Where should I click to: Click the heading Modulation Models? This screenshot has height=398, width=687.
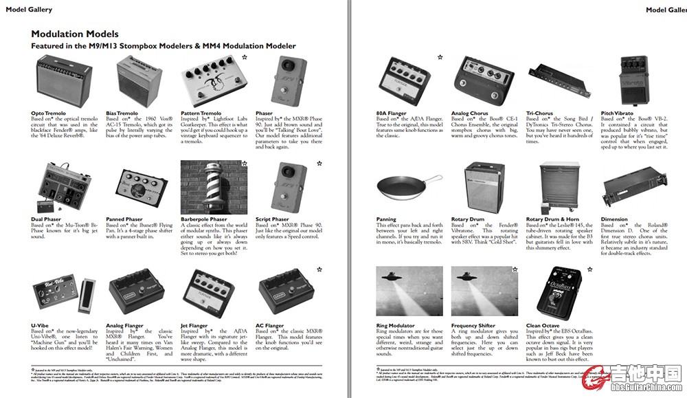coord(75,34)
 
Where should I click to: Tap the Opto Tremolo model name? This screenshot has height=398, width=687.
coord(49,113)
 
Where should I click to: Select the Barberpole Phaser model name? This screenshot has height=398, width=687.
coord(203,219)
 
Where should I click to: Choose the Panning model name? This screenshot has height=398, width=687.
coord(386,219)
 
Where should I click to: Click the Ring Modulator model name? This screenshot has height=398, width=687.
coord(396,326)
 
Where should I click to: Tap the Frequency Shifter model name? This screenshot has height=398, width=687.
coord(473,326)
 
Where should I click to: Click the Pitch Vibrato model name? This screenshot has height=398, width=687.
coord(617,113)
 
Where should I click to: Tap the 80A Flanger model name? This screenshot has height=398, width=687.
coord(391,113)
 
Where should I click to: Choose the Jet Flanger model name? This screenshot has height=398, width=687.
coord(194,326)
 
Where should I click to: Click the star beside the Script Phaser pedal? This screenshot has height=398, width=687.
coord(319,164)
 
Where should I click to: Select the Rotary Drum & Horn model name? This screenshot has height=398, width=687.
coord(552,219)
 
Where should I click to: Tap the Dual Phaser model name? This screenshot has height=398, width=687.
coord(46,219)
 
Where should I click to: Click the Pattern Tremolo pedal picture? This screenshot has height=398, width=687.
coord(209,80)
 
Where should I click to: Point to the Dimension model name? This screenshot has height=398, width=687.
coord(614,219)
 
